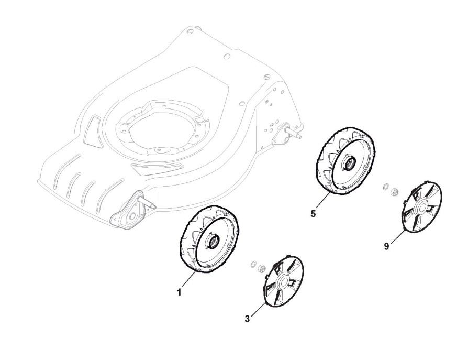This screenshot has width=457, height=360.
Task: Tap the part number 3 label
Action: point(248,318)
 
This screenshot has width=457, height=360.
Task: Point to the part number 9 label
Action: point(386,246)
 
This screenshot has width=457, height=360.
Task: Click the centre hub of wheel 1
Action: point(213,242)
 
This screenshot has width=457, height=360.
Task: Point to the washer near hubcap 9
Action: point(386,186)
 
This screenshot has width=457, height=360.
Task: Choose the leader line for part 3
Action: point(256,309)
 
